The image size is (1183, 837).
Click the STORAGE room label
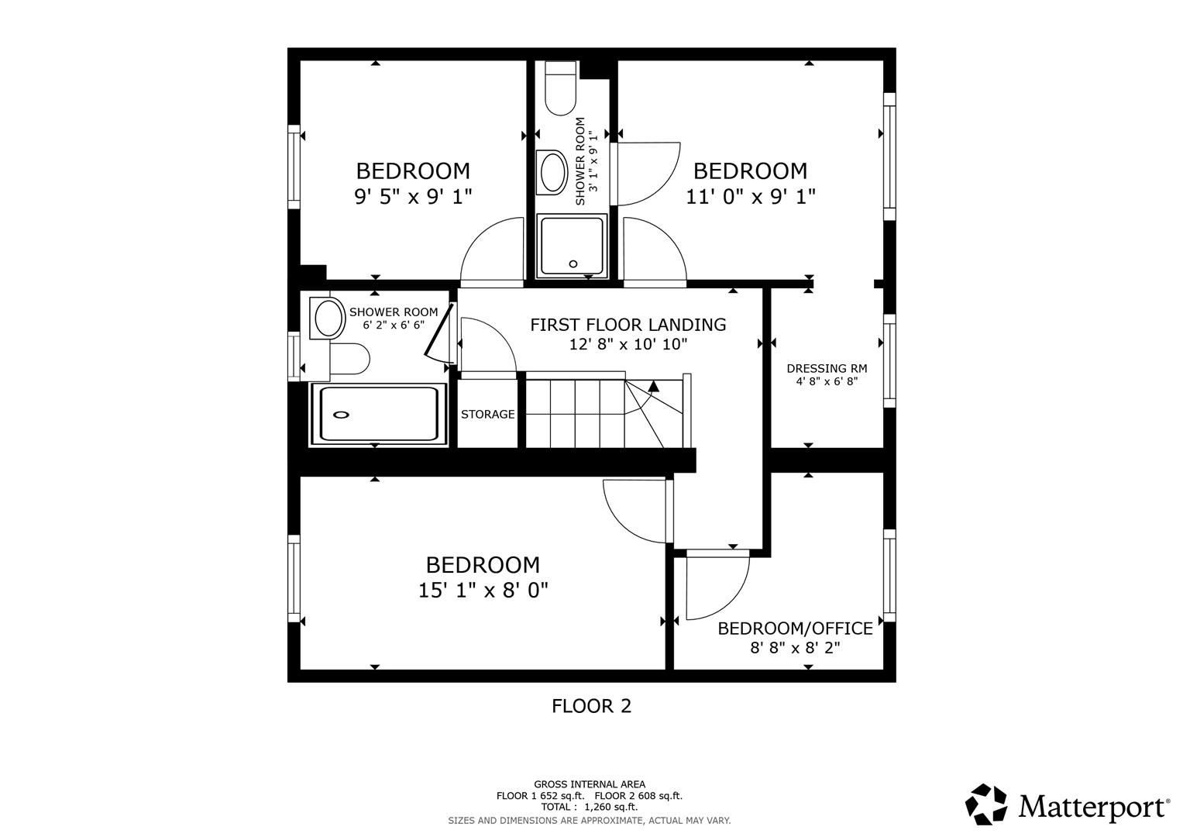coord(487,415)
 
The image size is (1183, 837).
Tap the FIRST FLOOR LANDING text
coord(628,325)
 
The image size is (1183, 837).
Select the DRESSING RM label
coord(827,369)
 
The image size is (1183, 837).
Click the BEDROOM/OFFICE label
coord(795,629)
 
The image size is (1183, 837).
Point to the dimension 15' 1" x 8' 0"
coord(483,591)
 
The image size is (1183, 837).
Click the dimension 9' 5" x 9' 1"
coord(413,197)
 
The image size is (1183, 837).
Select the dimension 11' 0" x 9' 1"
coord(750,197)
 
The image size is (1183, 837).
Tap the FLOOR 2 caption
coord(591,706)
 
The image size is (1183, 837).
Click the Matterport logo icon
coord(985,804)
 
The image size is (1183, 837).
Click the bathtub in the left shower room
coord(379,415)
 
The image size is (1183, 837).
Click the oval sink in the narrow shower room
coord(553,172)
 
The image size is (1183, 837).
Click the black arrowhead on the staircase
coord(654,385)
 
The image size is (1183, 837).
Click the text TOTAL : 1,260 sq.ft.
coord(589,807)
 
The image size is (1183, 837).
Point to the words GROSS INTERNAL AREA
coord(589,784)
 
